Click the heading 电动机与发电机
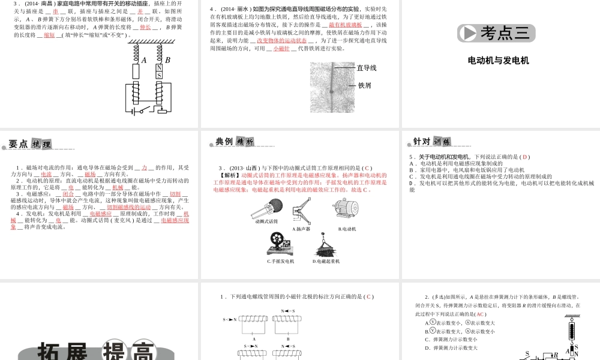498,61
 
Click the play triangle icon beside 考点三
469,33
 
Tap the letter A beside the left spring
143,60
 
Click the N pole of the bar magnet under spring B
159,68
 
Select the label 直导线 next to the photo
367,68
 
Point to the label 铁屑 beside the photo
364,86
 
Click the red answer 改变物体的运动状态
281,41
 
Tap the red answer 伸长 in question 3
145,27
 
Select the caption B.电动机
347,229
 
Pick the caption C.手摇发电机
281,261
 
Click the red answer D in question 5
525,157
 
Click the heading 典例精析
235,142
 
